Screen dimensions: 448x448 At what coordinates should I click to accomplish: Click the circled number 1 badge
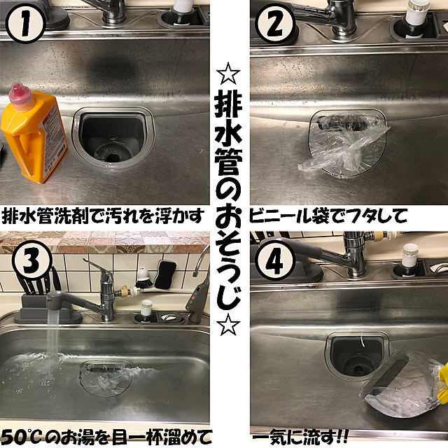pyautogui.click(x=25, y=23)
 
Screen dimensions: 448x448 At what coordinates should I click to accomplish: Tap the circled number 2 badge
pyautogui.click(x=276, y=24)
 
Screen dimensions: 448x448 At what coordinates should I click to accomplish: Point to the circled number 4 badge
pyautogui.click(x=274, y=260)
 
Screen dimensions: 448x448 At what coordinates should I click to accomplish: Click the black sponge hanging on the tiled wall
pyautogui.click(x=165, y=274)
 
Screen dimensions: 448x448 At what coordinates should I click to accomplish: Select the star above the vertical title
pyautogui.click(x=227, y=73)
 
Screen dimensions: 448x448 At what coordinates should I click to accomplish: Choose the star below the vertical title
pyautogui.click(x=227, y=324)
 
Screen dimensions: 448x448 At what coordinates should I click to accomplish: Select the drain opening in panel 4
pyautogui.click(x=357, y=357)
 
